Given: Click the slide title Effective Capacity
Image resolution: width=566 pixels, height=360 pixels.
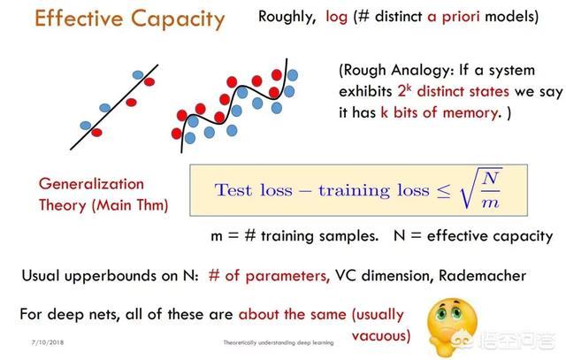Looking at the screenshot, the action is (130, 19).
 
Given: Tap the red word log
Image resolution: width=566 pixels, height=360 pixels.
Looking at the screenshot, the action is (336, 17).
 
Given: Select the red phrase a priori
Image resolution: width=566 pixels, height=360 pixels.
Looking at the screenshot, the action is (454, 17).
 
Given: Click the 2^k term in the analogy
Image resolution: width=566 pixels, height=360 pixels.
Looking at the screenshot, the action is (404, 90).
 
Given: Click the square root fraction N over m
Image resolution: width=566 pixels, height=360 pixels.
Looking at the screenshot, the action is (481, 188).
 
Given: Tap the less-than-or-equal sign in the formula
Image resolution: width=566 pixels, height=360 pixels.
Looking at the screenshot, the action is (444, 191).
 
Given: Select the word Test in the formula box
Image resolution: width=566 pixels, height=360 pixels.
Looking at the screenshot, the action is (233, 190).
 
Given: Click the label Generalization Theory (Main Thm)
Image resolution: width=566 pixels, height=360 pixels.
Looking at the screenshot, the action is (103, 195).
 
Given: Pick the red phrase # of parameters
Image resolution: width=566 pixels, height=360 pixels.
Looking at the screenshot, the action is (269, 276).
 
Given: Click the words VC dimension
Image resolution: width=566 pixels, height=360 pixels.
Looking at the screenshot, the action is (385, 275).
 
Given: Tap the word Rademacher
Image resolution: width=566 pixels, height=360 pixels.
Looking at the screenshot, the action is (482, 275).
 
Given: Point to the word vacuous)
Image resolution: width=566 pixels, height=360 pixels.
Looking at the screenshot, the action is (381, 336).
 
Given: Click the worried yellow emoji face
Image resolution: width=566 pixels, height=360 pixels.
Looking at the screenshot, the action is (452, 326).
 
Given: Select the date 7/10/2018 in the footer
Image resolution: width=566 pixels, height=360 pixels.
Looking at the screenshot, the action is (48, 342).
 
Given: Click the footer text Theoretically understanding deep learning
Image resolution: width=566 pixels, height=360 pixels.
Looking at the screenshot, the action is (279, 342).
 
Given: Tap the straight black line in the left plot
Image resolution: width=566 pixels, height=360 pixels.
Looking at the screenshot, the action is (114, 107).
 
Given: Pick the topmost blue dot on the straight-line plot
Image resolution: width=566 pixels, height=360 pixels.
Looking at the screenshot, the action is (138, 75).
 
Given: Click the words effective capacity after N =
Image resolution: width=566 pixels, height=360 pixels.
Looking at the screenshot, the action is (490, 236).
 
